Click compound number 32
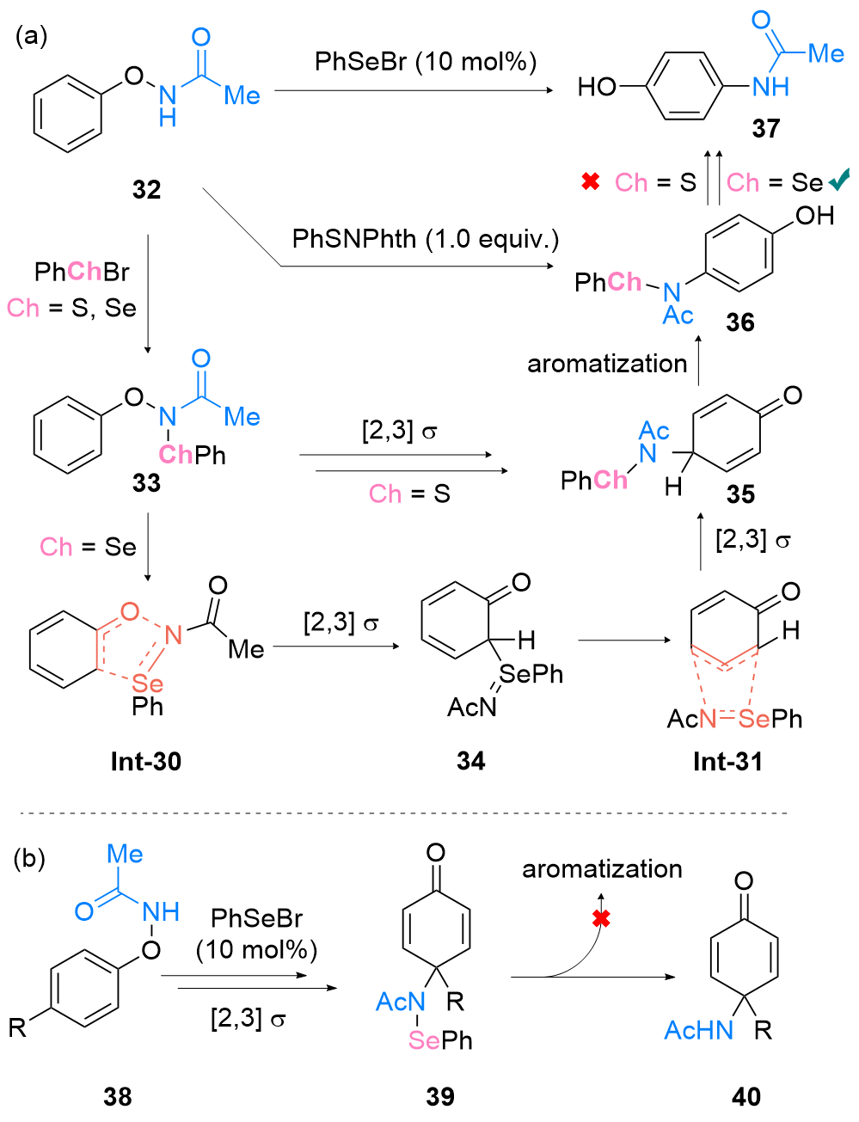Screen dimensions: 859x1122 147,189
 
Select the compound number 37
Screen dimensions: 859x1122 765,128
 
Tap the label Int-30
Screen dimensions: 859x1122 146,762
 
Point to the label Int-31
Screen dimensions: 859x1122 728,762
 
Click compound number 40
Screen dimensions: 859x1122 746,1097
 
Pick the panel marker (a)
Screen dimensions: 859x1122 31,36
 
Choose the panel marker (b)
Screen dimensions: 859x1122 29,859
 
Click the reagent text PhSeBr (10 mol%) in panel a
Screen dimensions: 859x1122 426,61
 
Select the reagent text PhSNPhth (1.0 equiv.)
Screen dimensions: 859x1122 426,239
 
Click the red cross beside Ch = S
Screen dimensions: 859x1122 590,181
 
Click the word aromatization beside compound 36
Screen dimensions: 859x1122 607,364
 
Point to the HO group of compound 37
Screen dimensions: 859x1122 597,87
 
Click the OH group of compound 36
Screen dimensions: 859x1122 814,215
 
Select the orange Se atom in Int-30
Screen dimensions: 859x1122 147,684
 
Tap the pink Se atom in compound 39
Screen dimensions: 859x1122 423,1040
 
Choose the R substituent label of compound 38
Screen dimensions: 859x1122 17,1027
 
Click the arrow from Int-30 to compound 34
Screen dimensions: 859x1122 336,646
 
